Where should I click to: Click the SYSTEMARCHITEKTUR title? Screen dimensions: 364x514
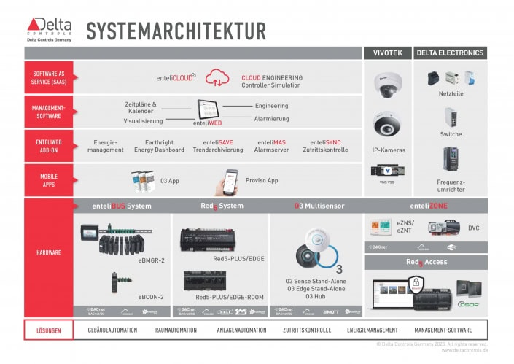point(176,31)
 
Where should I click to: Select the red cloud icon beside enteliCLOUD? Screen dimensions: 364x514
point(217,77)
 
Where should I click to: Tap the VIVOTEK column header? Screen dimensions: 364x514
point(386,53)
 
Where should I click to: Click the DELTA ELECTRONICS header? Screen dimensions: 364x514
point(450,53)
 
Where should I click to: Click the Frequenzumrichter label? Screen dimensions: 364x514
point(451,185)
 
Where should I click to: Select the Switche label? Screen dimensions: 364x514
point(451,134)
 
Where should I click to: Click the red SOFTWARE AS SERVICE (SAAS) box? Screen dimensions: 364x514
point(48,77)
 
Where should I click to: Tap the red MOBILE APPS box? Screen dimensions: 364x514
point(48,180)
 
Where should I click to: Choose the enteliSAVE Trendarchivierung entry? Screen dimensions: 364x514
point(218,146)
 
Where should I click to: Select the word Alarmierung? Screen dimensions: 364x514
point(272,117)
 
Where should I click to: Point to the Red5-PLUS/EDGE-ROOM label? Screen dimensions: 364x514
point(230,298)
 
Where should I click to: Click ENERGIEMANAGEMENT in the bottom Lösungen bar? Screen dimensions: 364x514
point(372,330)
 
